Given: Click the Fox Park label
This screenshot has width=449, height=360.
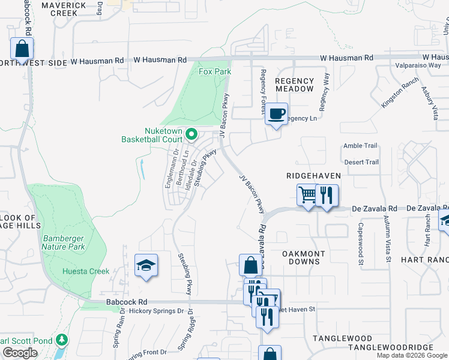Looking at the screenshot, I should coord(215,72).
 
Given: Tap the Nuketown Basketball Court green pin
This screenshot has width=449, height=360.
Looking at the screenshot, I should coord(191,134).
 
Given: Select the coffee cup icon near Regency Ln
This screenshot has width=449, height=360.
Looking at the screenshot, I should coord(276,113).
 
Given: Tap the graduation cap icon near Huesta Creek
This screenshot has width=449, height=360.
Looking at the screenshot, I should coord(145,266).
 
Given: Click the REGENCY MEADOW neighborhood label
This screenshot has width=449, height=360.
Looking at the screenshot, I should coord(295,85).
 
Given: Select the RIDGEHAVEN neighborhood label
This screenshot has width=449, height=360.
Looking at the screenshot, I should coord(313,176).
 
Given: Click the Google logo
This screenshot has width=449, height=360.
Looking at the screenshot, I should coord(20,353).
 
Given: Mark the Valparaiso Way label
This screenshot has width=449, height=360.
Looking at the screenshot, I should coord(418,66).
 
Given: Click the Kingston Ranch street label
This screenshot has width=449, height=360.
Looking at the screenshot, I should coord(399,95).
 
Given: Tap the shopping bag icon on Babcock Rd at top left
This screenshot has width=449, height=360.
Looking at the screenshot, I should coord(22,49).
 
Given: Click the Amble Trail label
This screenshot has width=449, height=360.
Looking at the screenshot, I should coord(360,146).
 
